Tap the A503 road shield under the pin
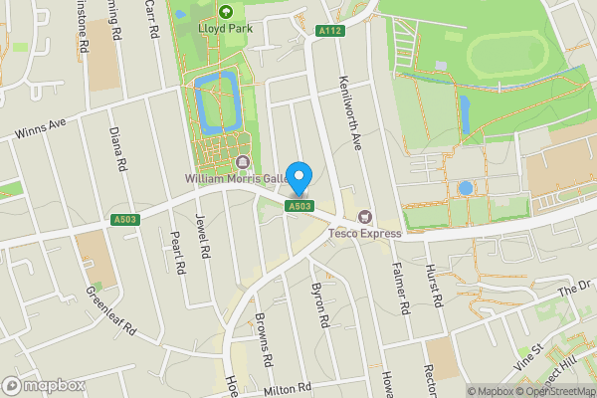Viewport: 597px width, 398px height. (x=299, y=206)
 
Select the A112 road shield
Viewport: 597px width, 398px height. (x=330, y=32)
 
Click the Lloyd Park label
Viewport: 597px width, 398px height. (x=225, y=28)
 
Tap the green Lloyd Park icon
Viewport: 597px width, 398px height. (x=225, y=12)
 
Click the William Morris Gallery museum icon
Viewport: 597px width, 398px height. (x=243, y=162)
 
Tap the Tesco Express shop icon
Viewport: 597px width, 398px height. (x=363, y=217)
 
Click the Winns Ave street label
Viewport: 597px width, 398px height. (x=40, y=129)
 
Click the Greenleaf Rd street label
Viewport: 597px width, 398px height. (x=110, y=312)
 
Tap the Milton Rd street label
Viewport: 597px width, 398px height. (x=289, y=391)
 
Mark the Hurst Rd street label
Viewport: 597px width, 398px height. (x=434, y=287)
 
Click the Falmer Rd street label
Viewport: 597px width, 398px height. (x=400, y=290)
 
